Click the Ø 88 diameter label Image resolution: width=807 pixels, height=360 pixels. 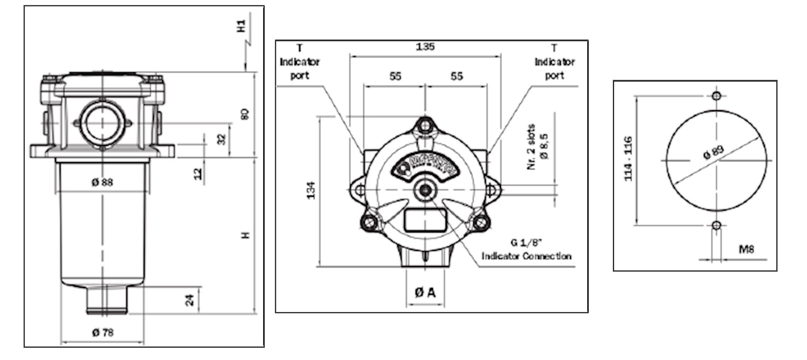[102, 182]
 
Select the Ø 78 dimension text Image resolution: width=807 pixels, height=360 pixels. [103, 332]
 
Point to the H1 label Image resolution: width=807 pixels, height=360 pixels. [242, 26]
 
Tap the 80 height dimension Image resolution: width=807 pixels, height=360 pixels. [245, 114]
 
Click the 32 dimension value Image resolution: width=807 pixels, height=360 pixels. [222, 139]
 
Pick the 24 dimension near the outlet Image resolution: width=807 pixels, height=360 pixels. [190, 300]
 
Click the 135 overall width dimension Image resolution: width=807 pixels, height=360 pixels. [425, 47]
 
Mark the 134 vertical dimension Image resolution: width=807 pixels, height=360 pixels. [311, 190]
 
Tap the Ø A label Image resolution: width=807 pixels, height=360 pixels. [425, 292]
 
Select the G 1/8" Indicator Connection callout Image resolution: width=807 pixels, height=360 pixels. [526, 249]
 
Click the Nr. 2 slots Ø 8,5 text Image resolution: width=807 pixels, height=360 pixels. [537, 147]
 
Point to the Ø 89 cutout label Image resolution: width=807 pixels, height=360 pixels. [713, 152]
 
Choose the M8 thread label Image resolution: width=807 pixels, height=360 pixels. [746, 249]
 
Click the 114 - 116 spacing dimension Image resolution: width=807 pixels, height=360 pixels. [628, 159]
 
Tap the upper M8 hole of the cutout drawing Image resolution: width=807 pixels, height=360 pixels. [717, 96]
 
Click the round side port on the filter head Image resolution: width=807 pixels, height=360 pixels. [102, 122]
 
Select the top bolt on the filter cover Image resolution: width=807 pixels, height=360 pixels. [425, 125]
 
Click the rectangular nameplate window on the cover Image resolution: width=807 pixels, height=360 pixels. [425, 220]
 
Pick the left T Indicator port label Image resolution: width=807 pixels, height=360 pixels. [299, 62]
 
